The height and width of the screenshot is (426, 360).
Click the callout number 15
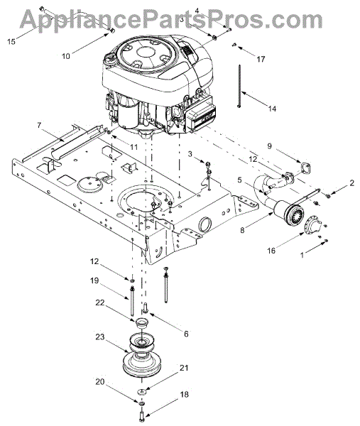pyautogui.click(x=11, y=42)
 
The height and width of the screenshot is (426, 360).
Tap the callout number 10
pyautogui.click(x=66, y=56)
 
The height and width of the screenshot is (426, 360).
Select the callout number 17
pyautogui.click(x=261, y=59)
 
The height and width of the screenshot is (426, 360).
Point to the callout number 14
pyautogui.click(x=272, y=109)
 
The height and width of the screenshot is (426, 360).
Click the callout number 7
pyautogui.click(x=39, y=126)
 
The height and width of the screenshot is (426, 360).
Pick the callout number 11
pyautogui.click(x=133, y=147)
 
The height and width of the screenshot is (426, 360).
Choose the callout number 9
pyautogui.click(x=269, y=146)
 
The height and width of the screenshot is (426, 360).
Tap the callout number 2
pyautogui.click(x=352, y=183)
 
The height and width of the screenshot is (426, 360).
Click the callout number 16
pyautogui.click(x=271, y=250)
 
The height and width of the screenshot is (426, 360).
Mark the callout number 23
pyautogui.click(x=100, y=337)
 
